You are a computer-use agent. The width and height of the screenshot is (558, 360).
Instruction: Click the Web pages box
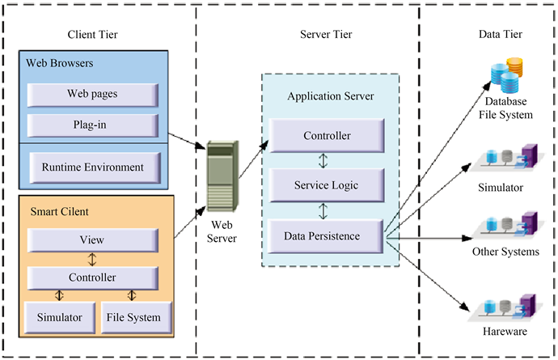pyautogui.click(x=91, y=94)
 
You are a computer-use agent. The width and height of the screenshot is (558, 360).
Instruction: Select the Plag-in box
pyautogui.click(x=91, y=125)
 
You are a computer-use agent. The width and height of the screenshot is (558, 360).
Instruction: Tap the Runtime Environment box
pyautogui.click(x=91, y=167)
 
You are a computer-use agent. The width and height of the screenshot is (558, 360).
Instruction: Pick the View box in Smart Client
pyautogui.click(x=91, y=239)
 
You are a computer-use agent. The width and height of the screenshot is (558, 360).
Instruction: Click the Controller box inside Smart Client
pyautogui.click(x=91, y=278)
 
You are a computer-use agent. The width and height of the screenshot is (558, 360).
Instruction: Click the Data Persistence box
pyautogui.click(x=326, y=236)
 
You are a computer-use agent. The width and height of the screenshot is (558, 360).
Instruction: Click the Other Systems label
pyautogui.click(x=505, y=252)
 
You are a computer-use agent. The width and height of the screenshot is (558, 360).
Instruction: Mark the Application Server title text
pyautogui.click(x=331, y=96)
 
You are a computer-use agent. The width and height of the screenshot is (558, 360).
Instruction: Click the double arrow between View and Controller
pyautogui.click(x=91, y=259)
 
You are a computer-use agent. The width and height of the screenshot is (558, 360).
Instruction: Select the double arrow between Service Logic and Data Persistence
pyautogui.click(x=323, y=211)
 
